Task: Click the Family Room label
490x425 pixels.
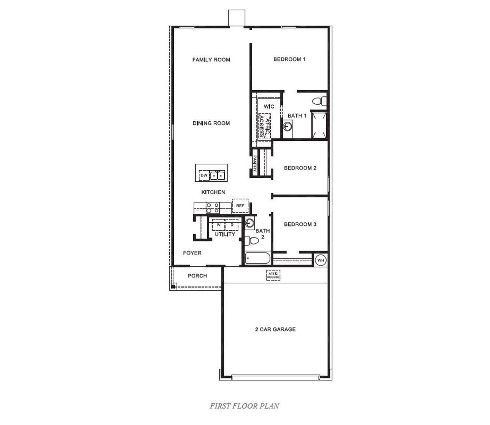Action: point(211,60)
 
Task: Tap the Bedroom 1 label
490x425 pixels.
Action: point(289,59)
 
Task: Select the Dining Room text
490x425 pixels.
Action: point(211,123)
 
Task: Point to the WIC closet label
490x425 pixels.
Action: point(269,106)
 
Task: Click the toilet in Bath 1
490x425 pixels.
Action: point(319,101)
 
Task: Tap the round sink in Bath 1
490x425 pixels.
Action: point(288,126)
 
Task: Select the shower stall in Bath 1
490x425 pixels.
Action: point(319,124)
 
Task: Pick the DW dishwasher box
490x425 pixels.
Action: point(204,176)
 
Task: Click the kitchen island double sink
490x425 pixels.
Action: point(217,176)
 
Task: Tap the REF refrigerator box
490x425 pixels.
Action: point(240,206)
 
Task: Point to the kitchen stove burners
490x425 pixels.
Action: point(213,208)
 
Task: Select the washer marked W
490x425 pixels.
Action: point(219,225)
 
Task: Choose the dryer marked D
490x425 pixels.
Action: point(232,225)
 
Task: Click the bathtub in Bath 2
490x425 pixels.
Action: point(258,259)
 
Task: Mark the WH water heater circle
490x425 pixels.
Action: point(321,261)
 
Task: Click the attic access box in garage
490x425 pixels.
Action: point(273,275)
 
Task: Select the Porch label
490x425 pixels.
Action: point(197,276)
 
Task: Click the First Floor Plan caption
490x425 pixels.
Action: point(244,406)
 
